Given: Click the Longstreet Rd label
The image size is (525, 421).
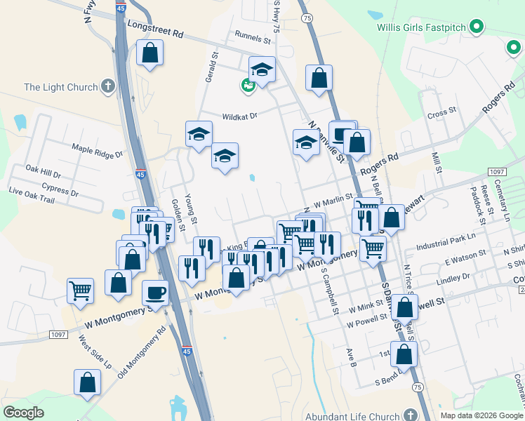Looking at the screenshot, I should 155,29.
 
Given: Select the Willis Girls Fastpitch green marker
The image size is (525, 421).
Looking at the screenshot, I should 477,28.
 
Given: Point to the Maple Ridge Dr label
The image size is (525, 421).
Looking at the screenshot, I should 97,150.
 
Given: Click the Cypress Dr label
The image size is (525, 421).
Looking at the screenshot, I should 60,189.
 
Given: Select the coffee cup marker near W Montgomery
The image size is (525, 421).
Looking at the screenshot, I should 155,292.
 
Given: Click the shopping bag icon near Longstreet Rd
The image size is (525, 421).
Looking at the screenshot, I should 149,52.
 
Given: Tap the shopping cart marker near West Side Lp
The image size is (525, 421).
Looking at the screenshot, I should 81,290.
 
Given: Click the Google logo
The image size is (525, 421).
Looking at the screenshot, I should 23,413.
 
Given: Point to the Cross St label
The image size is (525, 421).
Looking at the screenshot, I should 441,112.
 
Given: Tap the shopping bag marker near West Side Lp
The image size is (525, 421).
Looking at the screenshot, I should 88,382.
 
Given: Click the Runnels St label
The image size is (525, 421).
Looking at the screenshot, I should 253,40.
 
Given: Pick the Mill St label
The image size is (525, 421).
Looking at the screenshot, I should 436,162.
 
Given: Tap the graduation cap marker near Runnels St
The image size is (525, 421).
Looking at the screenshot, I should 262,69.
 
